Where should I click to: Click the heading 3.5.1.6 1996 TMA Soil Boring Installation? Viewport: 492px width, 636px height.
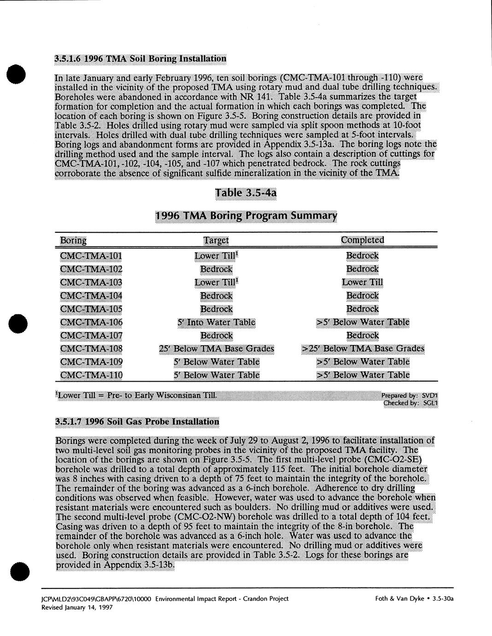pos(140,59)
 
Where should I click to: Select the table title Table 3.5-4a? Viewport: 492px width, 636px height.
pos(246,193)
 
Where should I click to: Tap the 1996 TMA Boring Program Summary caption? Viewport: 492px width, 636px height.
pos(246,216)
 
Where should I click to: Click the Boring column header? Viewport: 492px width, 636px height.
pos(73,240)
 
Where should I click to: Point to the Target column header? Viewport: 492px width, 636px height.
pos(216,240)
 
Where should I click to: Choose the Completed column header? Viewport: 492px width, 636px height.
pos(362,240)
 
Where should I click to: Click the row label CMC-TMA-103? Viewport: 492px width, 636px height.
pos(91,282)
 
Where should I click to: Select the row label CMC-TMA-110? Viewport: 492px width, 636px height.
pos(91,375)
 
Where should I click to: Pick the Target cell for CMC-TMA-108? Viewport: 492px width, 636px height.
pos(216,348)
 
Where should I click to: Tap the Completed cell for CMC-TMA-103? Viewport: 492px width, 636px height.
pos(362,282)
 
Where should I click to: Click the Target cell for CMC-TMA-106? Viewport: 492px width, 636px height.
pos(216,322)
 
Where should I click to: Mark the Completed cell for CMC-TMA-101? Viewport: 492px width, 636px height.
pos(362,255)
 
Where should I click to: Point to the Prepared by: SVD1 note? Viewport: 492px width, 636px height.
pos(409,395)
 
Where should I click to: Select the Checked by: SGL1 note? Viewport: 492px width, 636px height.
pos(410,403)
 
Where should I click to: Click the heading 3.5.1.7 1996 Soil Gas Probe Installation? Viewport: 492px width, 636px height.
pos(137,422)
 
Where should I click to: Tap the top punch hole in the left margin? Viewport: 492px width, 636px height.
pos(17,75)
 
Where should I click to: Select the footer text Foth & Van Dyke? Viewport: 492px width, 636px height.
pos(399,599)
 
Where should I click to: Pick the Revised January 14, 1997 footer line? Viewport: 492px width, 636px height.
pos(77,607)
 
